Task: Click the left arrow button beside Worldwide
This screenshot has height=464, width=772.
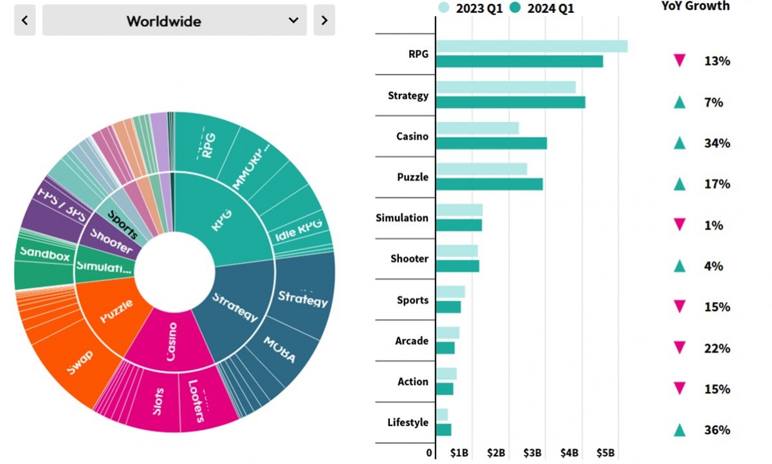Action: point(24,21)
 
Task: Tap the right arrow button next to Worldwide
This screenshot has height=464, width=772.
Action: point(324,21)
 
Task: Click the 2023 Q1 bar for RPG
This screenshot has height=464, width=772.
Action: point(531,46)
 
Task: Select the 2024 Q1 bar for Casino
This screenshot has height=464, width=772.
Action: point(491,143)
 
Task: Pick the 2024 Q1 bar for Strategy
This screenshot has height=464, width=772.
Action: point(510,102)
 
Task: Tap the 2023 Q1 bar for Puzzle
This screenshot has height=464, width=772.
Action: point(481,169)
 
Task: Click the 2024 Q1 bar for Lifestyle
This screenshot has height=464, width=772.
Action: point(443,430)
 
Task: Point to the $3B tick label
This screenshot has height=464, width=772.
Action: point(533,453)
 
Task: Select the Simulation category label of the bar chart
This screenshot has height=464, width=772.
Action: point(401,218)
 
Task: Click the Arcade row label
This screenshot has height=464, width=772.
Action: point(412,341)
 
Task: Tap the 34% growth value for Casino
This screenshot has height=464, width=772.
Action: point(717,143)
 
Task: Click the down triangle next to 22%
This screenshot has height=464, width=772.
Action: point(679,348)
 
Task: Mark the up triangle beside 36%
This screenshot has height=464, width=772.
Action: point(679,430)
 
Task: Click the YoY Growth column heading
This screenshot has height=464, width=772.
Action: point(695,6)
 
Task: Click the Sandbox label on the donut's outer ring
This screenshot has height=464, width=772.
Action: point(44,254)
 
